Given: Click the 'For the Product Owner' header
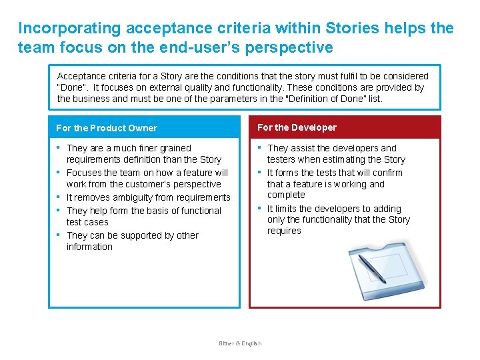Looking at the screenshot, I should (x=107, y=128).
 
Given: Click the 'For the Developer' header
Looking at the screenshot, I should (x=297, y=127).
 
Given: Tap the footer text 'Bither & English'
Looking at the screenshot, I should (x=240, y=343).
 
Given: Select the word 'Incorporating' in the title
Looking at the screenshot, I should (x=70, y=29).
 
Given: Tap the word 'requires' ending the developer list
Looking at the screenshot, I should (x=284, y=231).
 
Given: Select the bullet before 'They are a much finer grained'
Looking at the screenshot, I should (x=59, y=147).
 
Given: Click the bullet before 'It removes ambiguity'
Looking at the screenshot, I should (x=59, y=197).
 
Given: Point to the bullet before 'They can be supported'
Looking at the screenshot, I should (x=59, y=235).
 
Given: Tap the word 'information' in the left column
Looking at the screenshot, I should (x=89, y=247).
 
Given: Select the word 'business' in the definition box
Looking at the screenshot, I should (x=93, y=99).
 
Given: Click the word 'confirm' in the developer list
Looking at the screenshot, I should (x=387, y=173).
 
